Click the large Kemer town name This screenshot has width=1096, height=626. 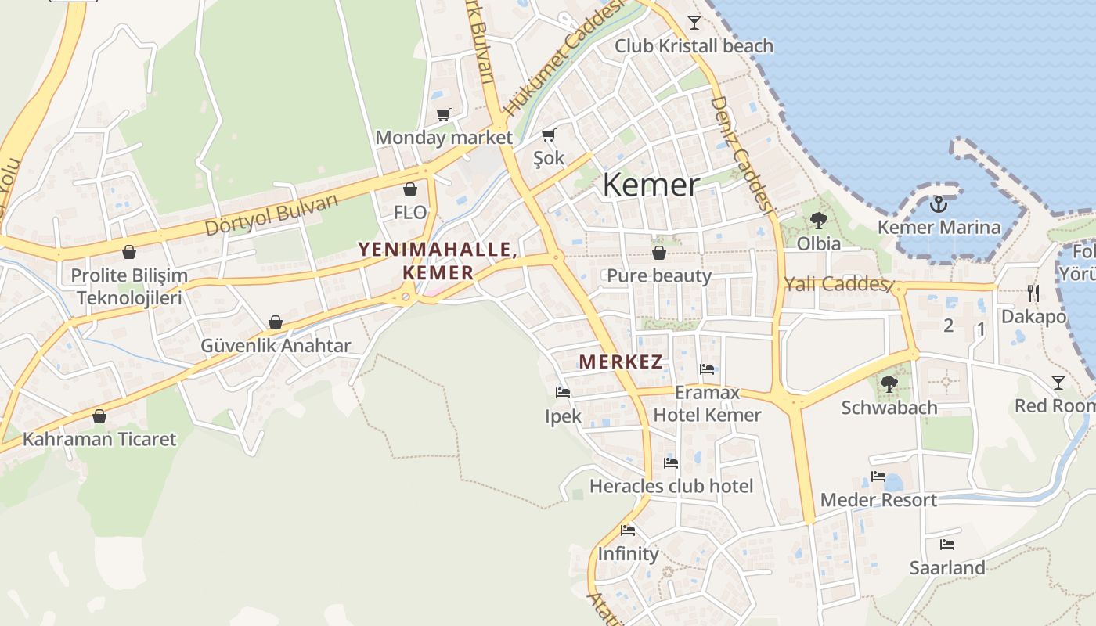point(651,185)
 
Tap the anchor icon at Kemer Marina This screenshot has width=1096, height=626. point(938,205)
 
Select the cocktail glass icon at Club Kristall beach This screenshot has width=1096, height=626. point(694,22)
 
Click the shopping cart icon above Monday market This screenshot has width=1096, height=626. point(444,115)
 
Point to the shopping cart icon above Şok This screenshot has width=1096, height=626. point(549,135)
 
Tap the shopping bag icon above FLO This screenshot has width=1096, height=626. point(409,189)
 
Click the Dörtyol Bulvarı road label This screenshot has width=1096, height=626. point(272,214)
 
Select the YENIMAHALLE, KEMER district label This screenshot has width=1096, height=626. point(438,261)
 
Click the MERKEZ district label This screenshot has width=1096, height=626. point(621,362)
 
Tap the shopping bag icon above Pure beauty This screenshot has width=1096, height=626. point(659,253)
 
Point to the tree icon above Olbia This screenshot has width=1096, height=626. point(819,221)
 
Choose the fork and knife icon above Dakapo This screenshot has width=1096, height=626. point(1033,293)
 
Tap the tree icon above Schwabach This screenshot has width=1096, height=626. point(889,384)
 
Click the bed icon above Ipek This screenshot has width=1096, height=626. point(563,393)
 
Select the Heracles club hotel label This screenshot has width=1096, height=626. point(671,486)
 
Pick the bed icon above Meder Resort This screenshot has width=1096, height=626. point(878,477)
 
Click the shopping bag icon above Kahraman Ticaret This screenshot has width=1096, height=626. point(99,416)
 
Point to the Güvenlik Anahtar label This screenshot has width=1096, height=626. point(276,345)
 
